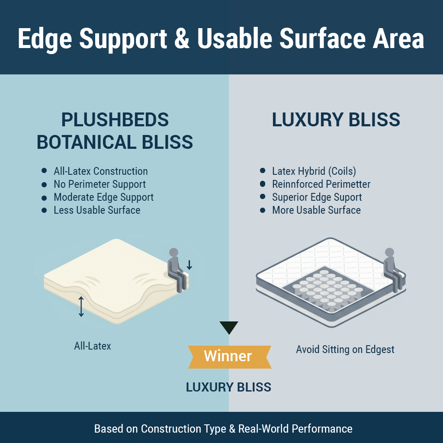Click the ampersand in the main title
(x=182, y=39)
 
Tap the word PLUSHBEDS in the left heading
(x=115, y=120)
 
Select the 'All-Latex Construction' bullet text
(x=100, y=171)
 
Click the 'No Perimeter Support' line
(x=100, y=184)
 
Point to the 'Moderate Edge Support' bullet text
(x=104, y=197)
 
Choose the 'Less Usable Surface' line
(x=97, y=210)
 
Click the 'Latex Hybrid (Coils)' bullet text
(x=314, y=171)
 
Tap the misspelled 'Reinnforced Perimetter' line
(x=321, y=184)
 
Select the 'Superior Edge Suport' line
(x=317, y=197)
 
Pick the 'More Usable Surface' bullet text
(x=316, y=210)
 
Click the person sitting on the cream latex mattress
(x=177, y=270)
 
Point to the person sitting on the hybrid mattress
(x=392, y=270)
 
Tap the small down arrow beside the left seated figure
(x=189, y=265)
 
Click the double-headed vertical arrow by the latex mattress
(x=81, y=307)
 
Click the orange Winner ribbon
(x=230, y=357)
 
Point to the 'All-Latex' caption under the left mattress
(x=93, y=346)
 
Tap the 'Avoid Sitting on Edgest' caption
(x=345, y=350)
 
